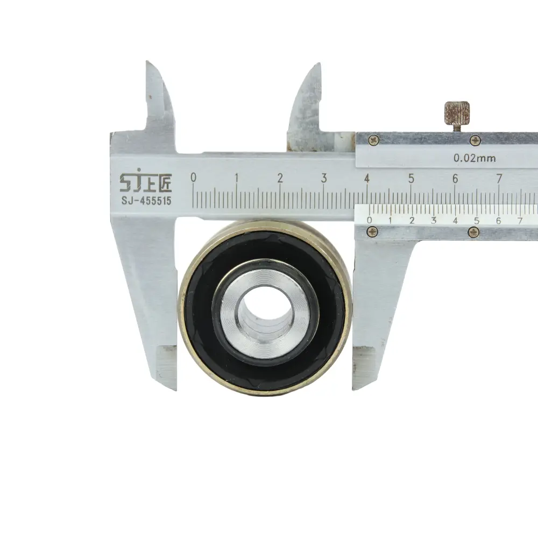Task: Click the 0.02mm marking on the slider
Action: coord(475,158)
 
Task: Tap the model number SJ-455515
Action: coord(146,201)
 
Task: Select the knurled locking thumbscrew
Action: coord(457,114)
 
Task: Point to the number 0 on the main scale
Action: coord(194,178)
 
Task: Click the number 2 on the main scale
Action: coord(280,178)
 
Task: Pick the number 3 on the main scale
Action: coord(324,178)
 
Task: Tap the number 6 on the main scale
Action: coord(455,179)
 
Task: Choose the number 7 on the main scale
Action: coord(499,179)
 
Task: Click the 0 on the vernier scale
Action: coord(369,220)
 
